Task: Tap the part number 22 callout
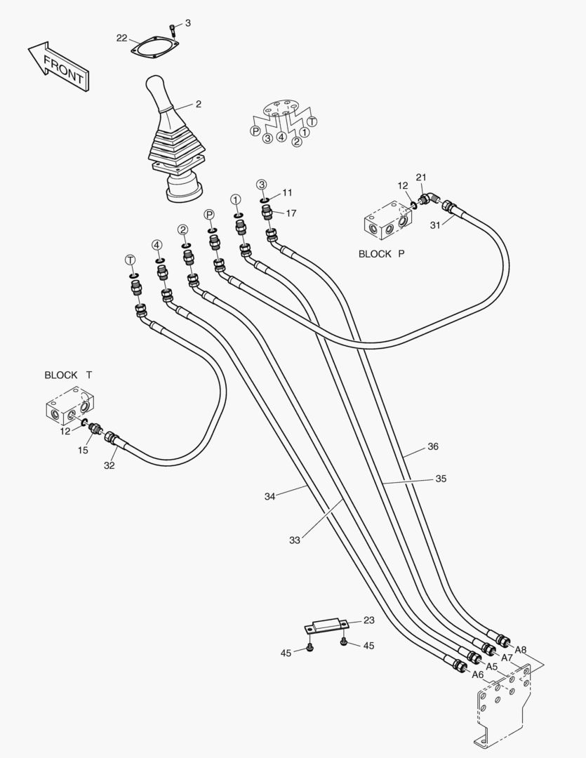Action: pos(121,38)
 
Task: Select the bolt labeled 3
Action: pos(173,29)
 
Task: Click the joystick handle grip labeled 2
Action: pos(160,98)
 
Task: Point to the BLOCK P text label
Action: pos(381,254)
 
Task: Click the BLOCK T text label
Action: pos(68,375)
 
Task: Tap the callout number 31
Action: pos(435,225)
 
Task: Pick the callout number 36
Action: pos(433,446)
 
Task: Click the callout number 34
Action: pos(270,496)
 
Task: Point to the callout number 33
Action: pos(294,540)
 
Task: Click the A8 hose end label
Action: pos(521,650)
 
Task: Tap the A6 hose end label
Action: pos(478,674)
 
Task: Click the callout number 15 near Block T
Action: pos(83,450)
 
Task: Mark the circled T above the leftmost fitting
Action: pos(130,260)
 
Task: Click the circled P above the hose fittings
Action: pos(208,214)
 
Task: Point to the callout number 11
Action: pos(288,192)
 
